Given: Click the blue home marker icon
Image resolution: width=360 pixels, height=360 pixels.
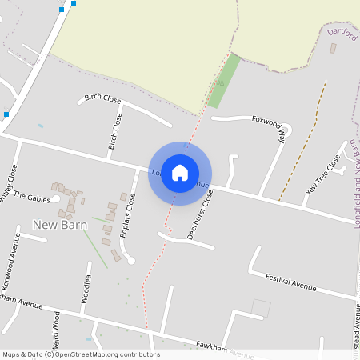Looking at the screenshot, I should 180,173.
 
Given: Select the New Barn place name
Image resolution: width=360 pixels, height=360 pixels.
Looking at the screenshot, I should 60,225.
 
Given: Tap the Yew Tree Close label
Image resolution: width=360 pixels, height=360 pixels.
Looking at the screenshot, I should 323,177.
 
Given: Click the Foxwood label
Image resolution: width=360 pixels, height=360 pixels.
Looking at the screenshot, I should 266,122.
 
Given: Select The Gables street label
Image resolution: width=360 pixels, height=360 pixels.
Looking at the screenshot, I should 31,197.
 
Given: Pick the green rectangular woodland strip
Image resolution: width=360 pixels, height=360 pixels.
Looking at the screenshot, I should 223,81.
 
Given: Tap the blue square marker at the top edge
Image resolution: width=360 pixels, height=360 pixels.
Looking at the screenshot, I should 74,3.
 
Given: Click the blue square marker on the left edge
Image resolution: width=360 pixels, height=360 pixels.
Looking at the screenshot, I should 6,114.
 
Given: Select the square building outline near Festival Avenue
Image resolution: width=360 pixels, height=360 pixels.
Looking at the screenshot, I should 261,308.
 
